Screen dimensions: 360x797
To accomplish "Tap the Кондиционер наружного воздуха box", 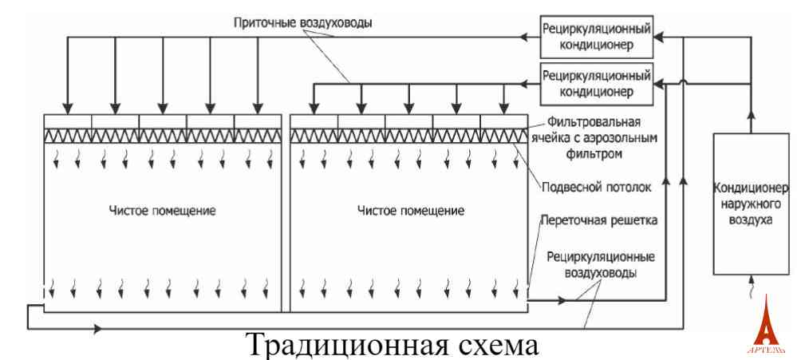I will click(x=751, y=205).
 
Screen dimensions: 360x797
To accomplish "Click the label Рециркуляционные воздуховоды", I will click(x=601, y=265).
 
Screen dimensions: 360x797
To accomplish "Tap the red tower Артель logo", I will click(x=765, y=326).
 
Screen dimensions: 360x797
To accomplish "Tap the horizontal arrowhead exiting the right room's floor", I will click(x=567, y=301).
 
